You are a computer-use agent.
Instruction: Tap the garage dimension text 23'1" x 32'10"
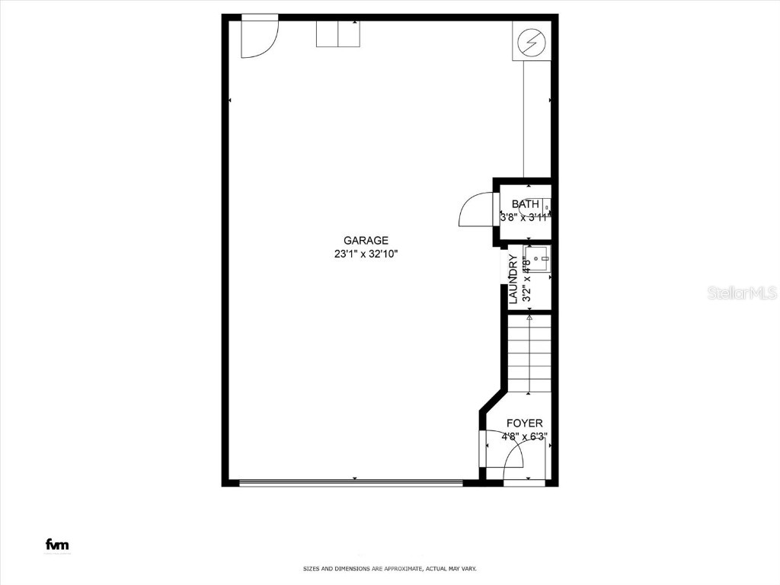tap(366, 254)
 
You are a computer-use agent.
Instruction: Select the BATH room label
tap(526, 204)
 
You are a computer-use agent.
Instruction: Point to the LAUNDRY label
tap(513, 280)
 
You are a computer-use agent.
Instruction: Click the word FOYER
tap(525, 424)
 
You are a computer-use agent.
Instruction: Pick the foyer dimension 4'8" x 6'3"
tap(525, 437)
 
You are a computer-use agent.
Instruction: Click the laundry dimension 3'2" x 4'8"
tap(526, 280)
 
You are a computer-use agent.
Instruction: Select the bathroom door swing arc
tap(477, 209)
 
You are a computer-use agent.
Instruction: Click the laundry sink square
tap(537, 259)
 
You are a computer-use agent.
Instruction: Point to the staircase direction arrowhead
tap(529, 317)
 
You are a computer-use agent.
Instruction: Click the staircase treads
tap(529, 354)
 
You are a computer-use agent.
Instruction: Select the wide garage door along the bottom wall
tap(350, 481)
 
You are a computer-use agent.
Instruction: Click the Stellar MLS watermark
tap(742, 292)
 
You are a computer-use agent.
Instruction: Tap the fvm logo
tap(57, 545)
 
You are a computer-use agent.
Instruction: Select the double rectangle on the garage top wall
tap(338, 34)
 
